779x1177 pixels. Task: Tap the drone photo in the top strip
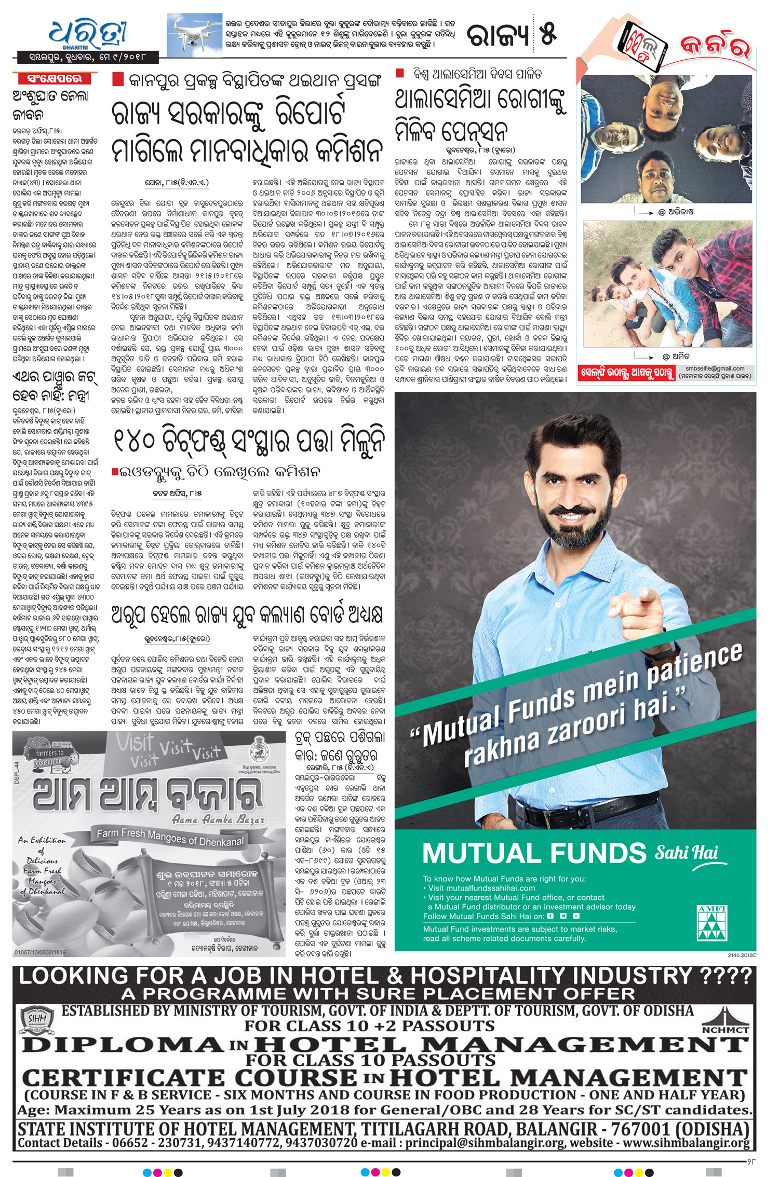(x=194, y=34)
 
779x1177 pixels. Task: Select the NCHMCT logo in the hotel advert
(x=725, y=1022)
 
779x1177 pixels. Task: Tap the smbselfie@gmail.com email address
(x=715, y=368)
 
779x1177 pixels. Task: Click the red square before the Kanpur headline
(x=118, y=79)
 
